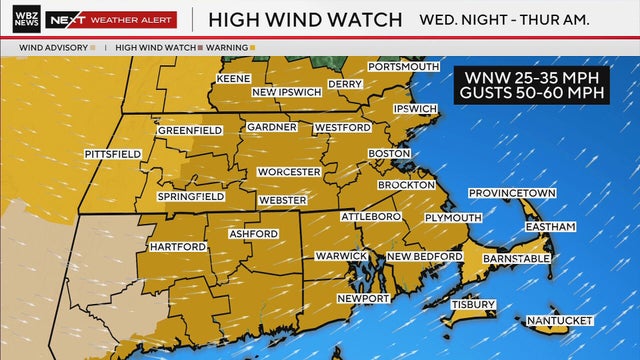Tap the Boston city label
389,153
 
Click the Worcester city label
288,172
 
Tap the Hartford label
177,246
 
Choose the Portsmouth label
403,67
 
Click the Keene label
233,78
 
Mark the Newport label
362,299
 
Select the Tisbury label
473,304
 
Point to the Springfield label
190,197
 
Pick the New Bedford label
424,257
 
